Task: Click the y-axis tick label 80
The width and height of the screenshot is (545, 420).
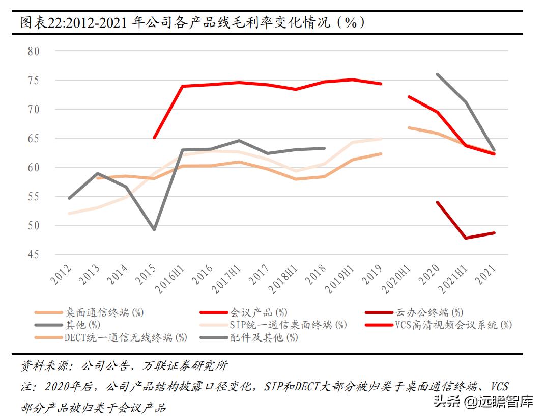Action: [34, 51]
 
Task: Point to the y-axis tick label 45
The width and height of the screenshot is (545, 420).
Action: [34, 254]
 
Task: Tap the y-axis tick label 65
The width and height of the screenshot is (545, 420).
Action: [34, 139]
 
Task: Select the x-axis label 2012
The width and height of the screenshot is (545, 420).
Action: [61, 275]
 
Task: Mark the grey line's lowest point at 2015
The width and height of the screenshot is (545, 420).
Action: [154, 229]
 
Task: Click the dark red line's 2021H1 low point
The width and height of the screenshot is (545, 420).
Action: [466, 238]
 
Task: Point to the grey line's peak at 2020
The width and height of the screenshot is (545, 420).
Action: [438, 74]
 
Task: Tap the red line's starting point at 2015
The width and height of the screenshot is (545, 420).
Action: [154, 138]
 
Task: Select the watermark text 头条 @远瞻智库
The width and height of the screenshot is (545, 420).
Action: [483, 402]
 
